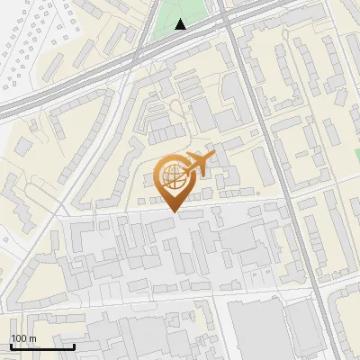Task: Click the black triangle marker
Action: coord(181,24)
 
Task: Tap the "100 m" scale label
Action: coord(23,338)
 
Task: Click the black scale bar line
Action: coord(42,346)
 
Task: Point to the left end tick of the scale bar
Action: coord(11,345)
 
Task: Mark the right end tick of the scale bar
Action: coord(74,345)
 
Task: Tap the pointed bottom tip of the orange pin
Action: coord(173,211)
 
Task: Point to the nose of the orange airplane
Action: coord(214,157)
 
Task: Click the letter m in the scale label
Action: coord(32,338)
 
